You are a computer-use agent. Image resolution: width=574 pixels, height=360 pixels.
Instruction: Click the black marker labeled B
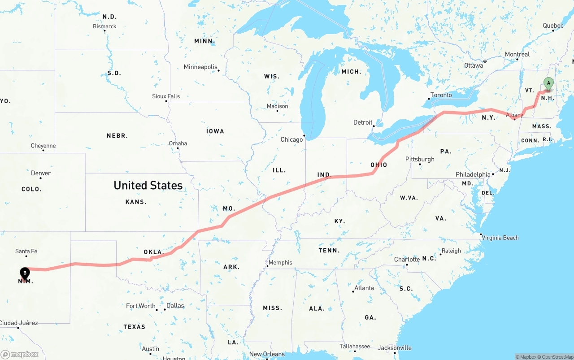point(25,273)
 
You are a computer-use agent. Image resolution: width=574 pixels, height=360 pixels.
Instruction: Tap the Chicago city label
point(291,139)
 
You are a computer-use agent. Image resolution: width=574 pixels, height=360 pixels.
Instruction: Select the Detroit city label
point(363,122)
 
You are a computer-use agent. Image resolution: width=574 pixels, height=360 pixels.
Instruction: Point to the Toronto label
point(441,95)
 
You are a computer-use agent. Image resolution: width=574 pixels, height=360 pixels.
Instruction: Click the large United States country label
point(148,185)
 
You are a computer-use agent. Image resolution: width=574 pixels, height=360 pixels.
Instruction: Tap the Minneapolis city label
point(200,67)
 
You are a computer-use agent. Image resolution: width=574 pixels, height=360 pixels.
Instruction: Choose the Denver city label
point(41,173)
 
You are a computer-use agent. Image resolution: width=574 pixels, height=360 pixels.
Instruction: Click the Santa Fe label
point(26,251)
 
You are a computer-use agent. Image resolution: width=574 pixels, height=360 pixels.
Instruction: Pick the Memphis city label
point(280,262)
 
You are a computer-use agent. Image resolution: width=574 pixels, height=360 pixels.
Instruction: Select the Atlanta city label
point(364,288)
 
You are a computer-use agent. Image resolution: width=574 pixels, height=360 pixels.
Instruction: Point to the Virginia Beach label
point(500,238)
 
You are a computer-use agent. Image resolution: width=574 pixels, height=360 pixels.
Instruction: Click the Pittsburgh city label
point(420,159)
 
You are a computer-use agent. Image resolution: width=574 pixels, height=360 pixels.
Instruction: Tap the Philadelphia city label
point(473,174)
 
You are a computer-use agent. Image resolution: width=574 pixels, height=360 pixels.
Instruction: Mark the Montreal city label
point(517,54)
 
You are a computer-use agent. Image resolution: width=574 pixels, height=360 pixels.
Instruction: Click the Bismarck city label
point(104,26)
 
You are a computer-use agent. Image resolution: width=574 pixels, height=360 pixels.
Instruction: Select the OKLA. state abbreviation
point(154,252)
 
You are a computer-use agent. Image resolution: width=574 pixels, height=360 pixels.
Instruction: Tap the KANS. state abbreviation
point(136,202)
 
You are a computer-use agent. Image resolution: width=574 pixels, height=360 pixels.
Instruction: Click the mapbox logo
point(20,354)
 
